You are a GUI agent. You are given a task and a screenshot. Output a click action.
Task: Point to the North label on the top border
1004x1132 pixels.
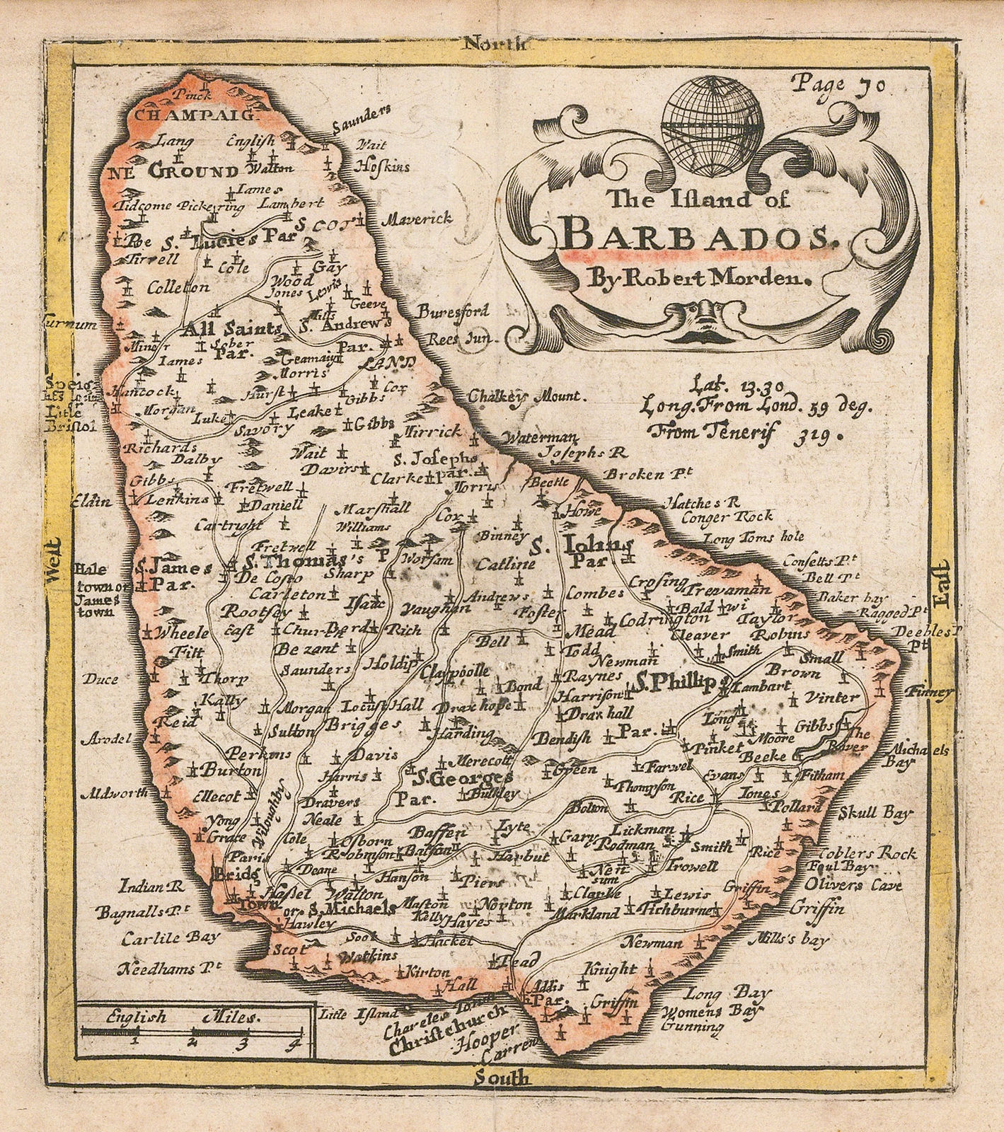pyautogui.click(x=493, y=44)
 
